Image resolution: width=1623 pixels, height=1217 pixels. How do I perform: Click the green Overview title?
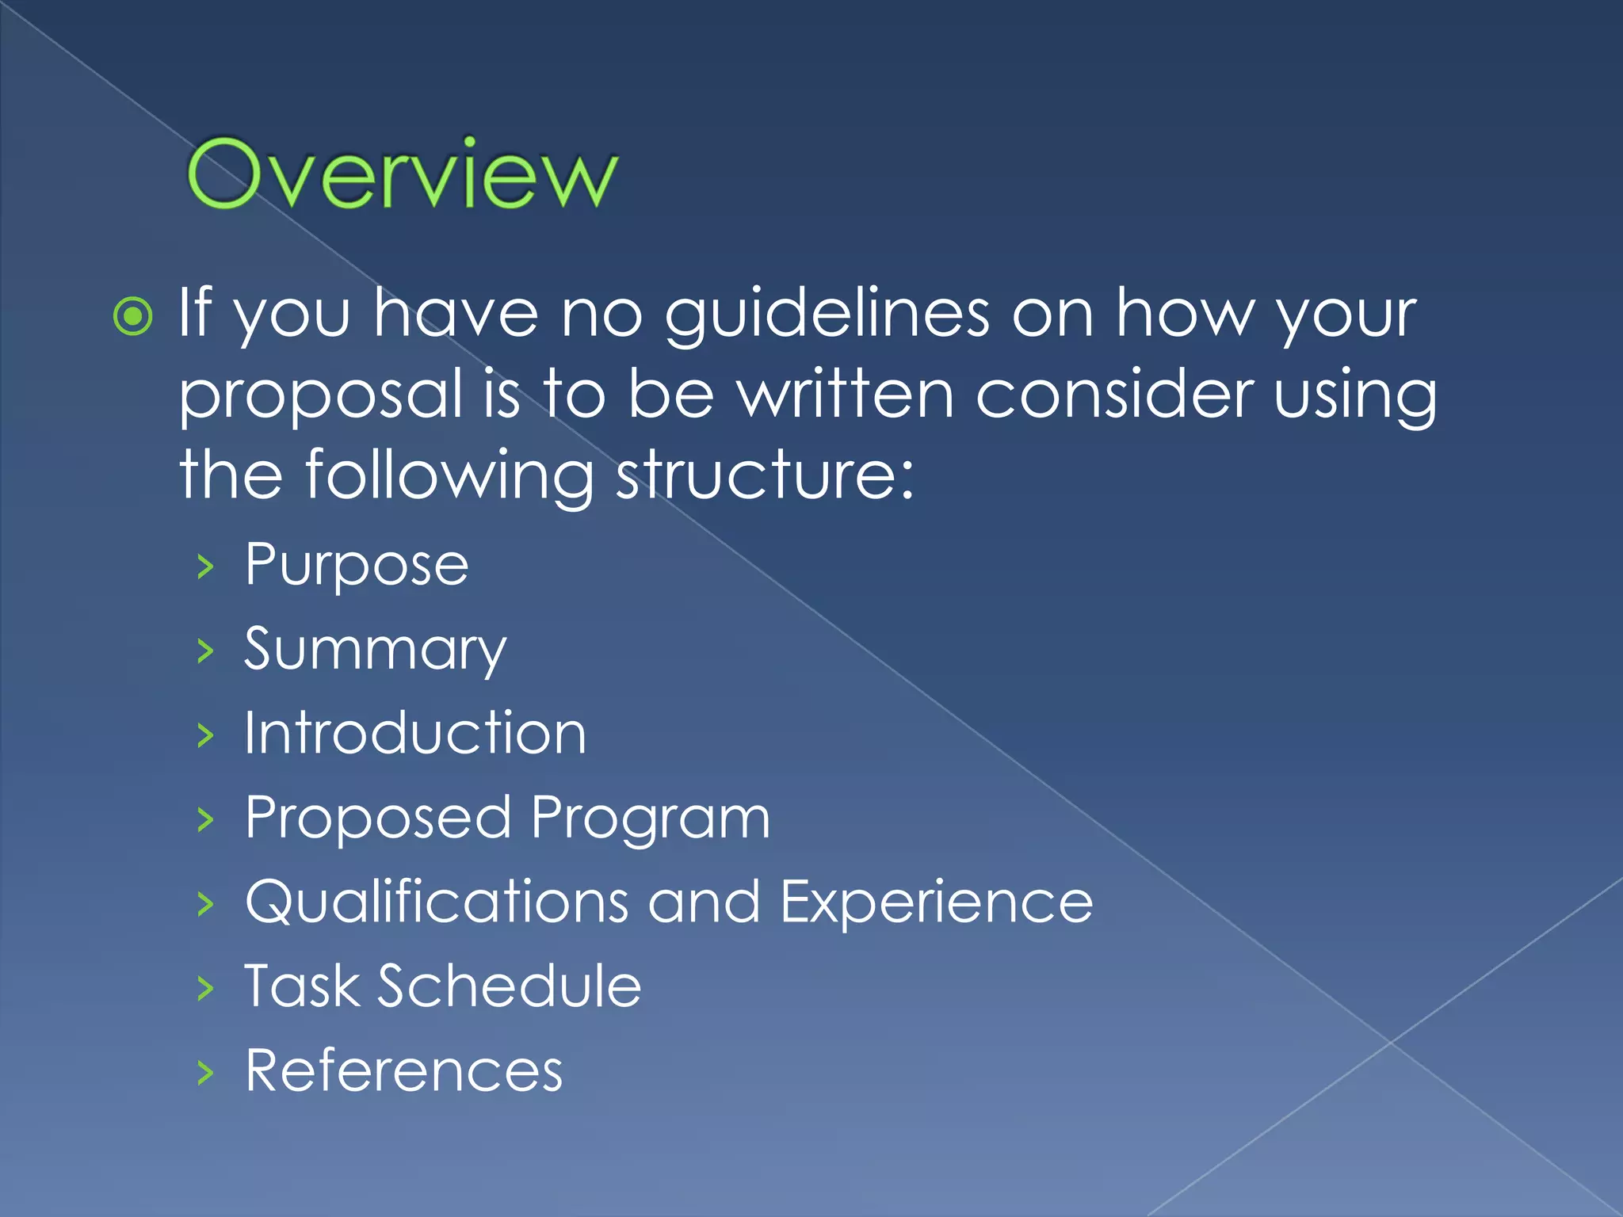click(401, 174)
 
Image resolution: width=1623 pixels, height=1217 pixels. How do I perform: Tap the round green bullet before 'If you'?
click(133, 317)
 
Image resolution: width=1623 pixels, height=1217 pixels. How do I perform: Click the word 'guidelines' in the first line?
click(827, 315)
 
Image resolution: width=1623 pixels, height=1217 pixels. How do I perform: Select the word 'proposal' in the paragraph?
click(321, 396)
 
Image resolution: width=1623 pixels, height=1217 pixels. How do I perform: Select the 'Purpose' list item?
click(357, 566)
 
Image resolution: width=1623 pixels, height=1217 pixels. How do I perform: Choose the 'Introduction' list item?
click(415, 734)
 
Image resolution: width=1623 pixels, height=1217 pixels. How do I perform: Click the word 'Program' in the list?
click(650, 819)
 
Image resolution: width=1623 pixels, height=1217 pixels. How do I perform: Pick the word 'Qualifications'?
click(437, 902)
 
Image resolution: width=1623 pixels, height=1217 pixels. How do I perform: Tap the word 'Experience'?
click(936, 902)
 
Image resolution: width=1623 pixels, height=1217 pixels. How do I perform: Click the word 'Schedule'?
click(509, 986)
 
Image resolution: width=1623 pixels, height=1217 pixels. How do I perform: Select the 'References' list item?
click(403, 1071)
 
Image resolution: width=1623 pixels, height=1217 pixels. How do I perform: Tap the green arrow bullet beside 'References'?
click(206, 1073)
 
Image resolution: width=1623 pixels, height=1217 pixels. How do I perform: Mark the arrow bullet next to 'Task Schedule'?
click(206, 988)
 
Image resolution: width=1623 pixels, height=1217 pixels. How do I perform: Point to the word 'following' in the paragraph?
click(449, 477)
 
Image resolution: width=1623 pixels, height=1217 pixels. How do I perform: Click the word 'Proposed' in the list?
click(378, 818)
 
